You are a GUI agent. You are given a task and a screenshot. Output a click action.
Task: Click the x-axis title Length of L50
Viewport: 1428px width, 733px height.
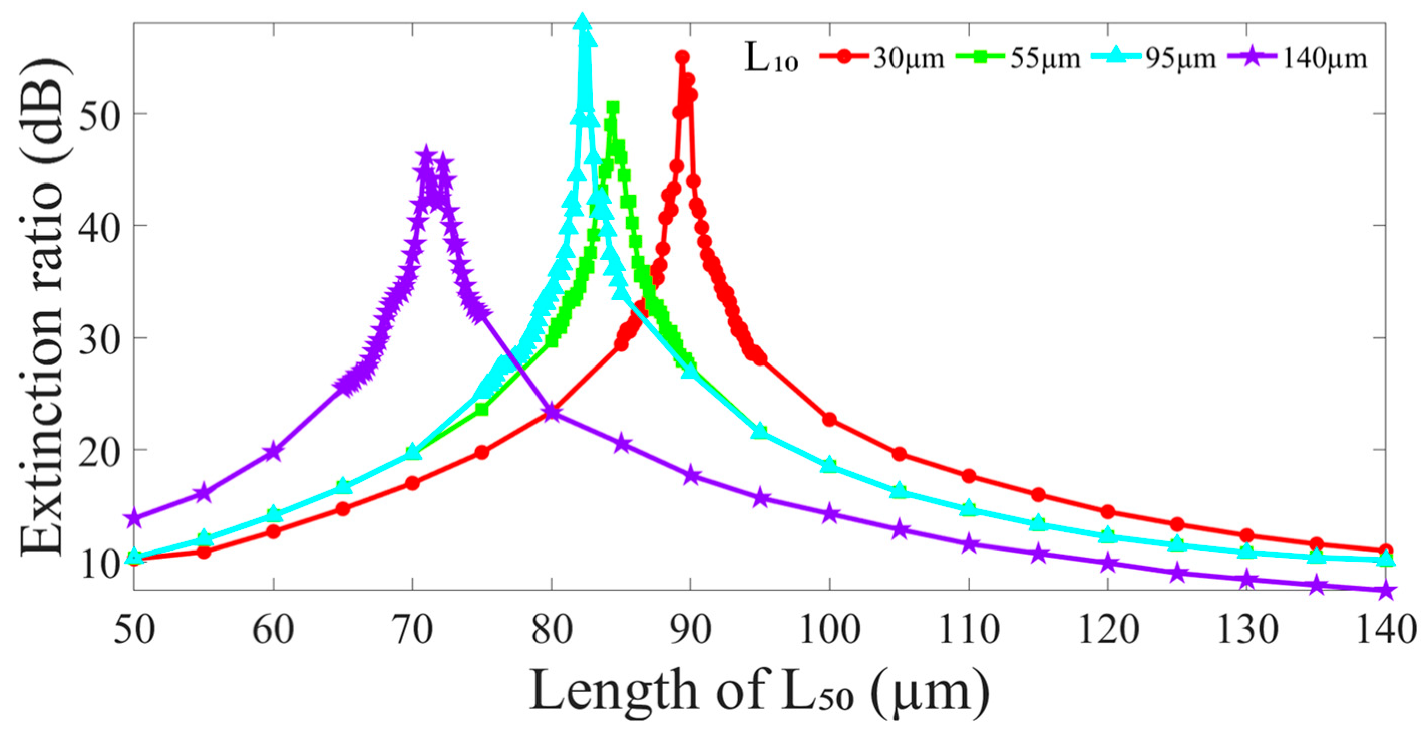click(x=760, y=691)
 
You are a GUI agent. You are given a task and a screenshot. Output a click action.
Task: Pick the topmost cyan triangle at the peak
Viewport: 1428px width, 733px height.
click(x=582, y=22)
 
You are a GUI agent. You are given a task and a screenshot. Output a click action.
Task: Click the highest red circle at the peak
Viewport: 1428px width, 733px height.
click(x=682, y=57)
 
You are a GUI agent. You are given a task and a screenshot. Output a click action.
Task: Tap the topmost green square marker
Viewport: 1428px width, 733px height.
click(x=613, y=107)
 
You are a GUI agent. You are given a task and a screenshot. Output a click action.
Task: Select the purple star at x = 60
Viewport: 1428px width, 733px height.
click(x=273, y=452)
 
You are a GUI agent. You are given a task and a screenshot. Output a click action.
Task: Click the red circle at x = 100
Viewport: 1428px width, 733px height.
click(x=829, y=419)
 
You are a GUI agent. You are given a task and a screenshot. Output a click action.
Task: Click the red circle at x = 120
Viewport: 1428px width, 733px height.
click(x=1108, y=511)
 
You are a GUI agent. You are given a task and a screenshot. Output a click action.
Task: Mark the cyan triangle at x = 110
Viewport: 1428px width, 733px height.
click(x=968, y=507)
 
